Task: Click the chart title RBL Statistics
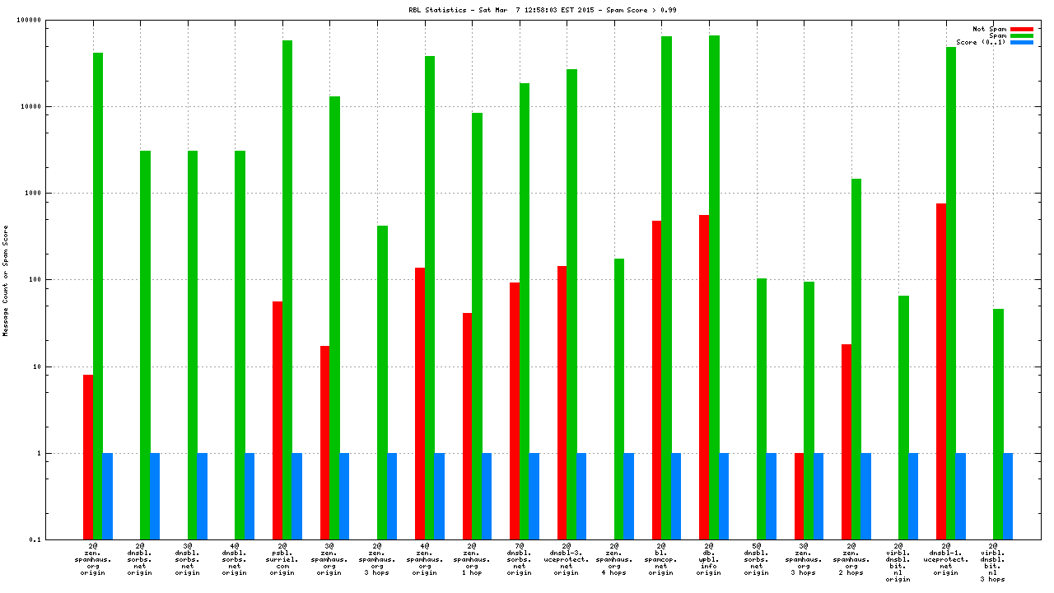coord(543,10)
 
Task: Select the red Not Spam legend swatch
coord(1021,29)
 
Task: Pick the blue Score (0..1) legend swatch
coord(1021,42)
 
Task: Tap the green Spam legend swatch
coord(1021,35)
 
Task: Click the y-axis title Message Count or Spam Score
coord(6,280)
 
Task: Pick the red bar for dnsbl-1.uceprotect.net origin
coord(941,371)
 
